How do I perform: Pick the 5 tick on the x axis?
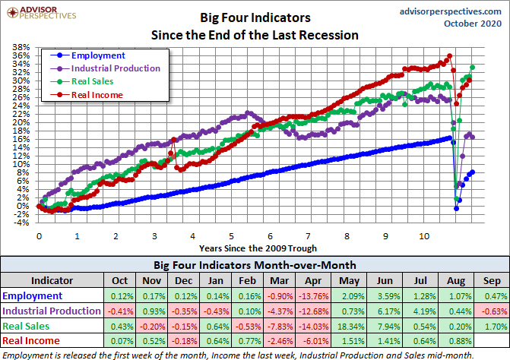coord(231,235)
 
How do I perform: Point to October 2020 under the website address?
coord(473,25)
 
